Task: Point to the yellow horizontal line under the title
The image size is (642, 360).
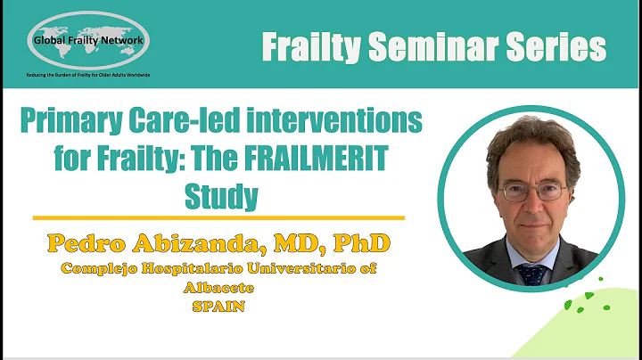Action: tap(218, 217)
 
